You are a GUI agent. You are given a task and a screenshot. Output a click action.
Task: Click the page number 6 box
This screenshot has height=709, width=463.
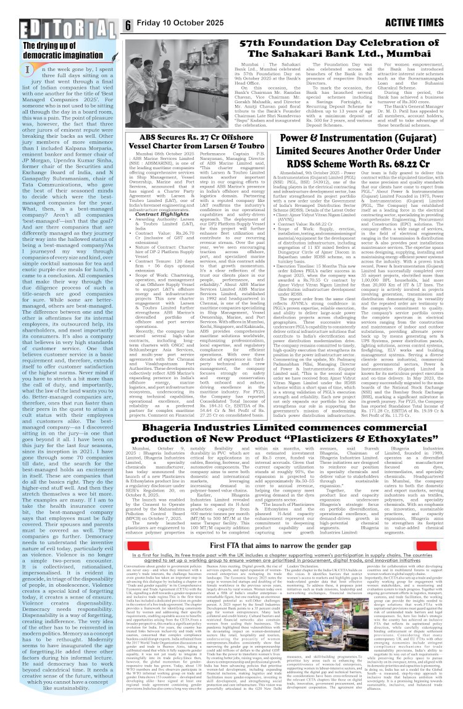[x=128, y=26]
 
